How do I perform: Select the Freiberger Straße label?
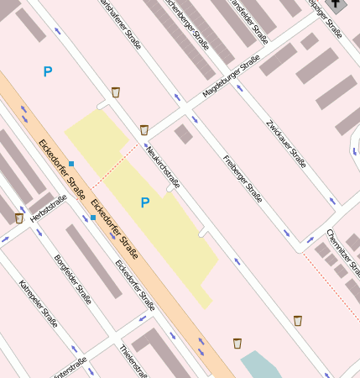pyautogui.click(x=243, y=179)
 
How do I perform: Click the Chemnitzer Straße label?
pyautogui.click(x=344, y=252)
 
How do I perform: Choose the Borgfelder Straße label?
pyautogui.click(x=72, y=278)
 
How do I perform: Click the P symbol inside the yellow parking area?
pyautogui.click(x=144, y=202)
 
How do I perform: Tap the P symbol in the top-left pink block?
pyautogui.click(x=48, y=72)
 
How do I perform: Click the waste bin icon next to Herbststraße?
pyautogui.click(x=18, y=218)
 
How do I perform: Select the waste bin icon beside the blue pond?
pyautogui.click(x=237, y=343)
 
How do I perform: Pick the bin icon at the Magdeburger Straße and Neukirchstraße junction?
pyautogui.click(x=144, y=129)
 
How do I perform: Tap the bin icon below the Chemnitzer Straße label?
pyautogui.click(x=298, y=320)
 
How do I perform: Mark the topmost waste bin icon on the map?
pyautogui.click(x=116, y=92)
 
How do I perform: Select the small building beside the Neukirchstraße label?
pyautogui.click(x=183, y=134)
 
